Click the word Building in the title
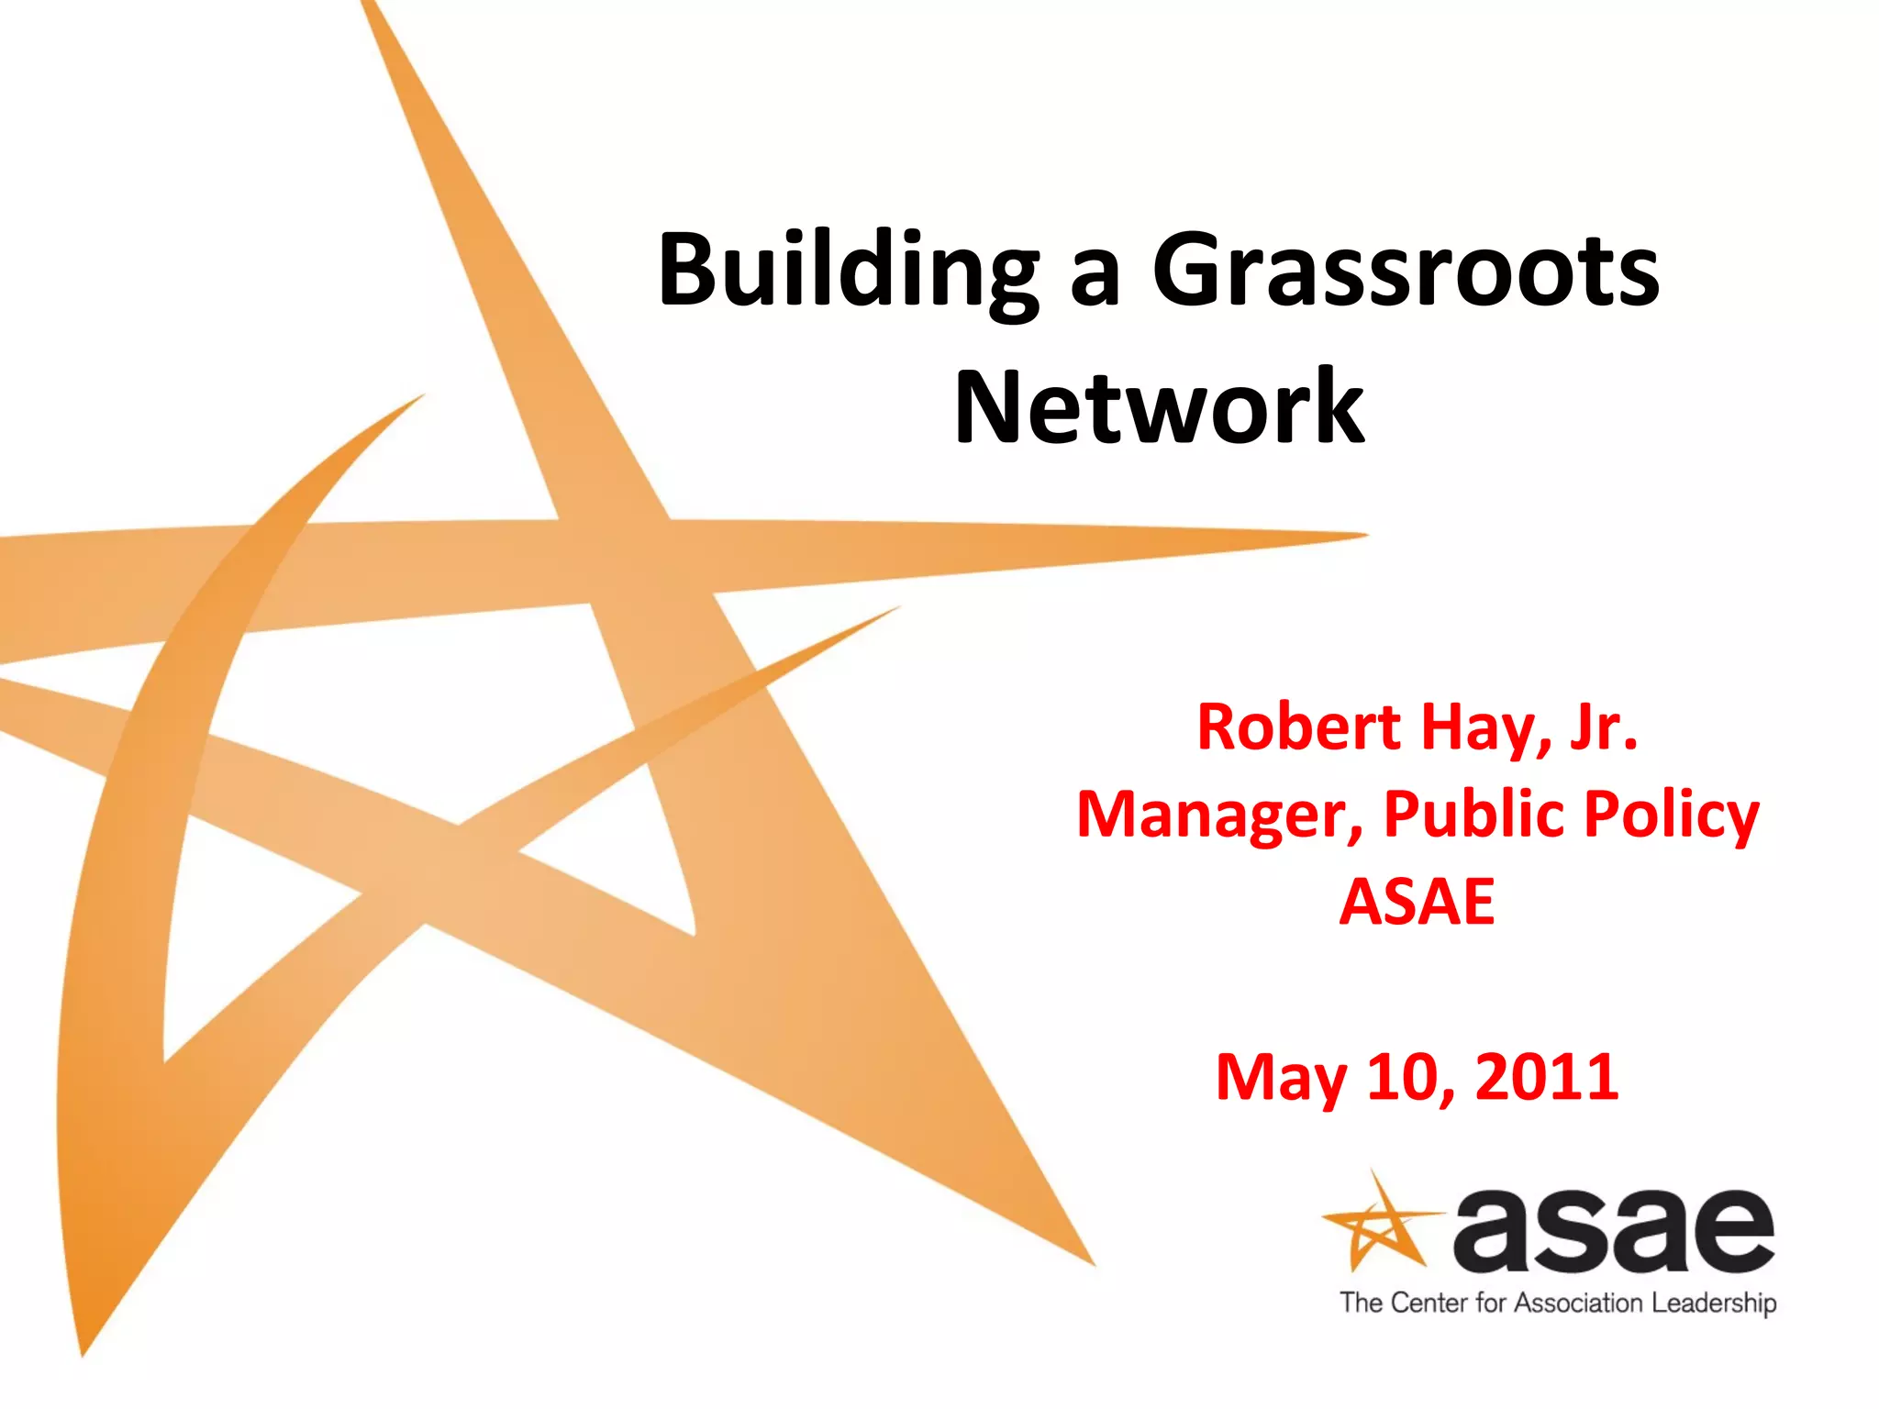849,272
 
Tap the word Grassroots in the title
1406,272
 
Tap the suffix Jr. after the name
1603,727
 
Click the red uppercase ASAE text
1418,902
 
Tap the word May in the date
1281,1077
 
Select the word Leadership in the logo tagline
1713,1304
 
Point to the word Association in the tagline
1577,1304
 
